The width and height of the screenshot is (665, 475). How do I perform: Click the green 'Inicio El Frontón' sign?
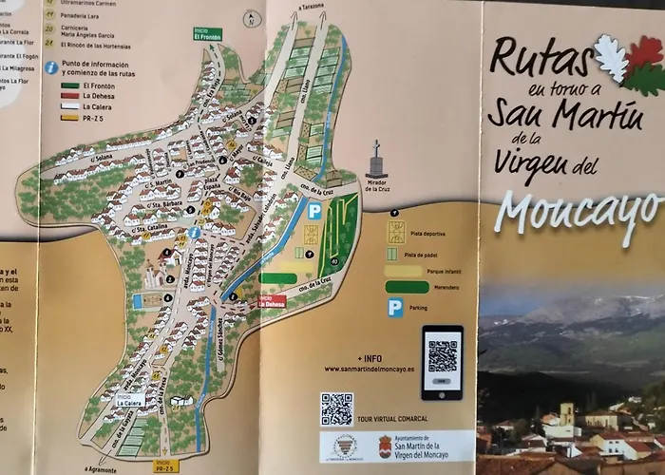point(207,34)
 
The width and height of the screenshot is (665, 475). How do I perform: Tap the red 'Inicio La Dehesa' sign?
point(272,300)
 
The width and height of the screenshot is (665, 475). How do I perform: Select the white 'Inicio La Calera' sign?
point(129,401)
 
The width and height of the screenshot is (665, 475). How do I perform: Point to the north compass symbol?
point(252,17)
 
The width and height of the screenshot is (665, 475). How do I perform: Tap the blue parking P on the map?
point(314,212)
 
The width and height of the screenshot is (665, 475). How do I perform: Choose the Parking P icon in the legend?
point(394,308)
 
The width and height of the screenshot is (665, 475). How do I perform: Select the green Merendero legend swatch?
point(407,287)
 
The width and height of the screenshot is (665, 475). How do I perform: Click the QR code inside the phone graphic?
point(442,355)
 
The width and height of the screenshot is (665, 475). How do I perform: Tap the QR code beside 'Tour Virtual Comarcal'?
point(336,408)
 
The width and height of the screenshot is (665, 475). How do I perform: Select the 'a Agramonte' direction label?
point(100,469)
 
